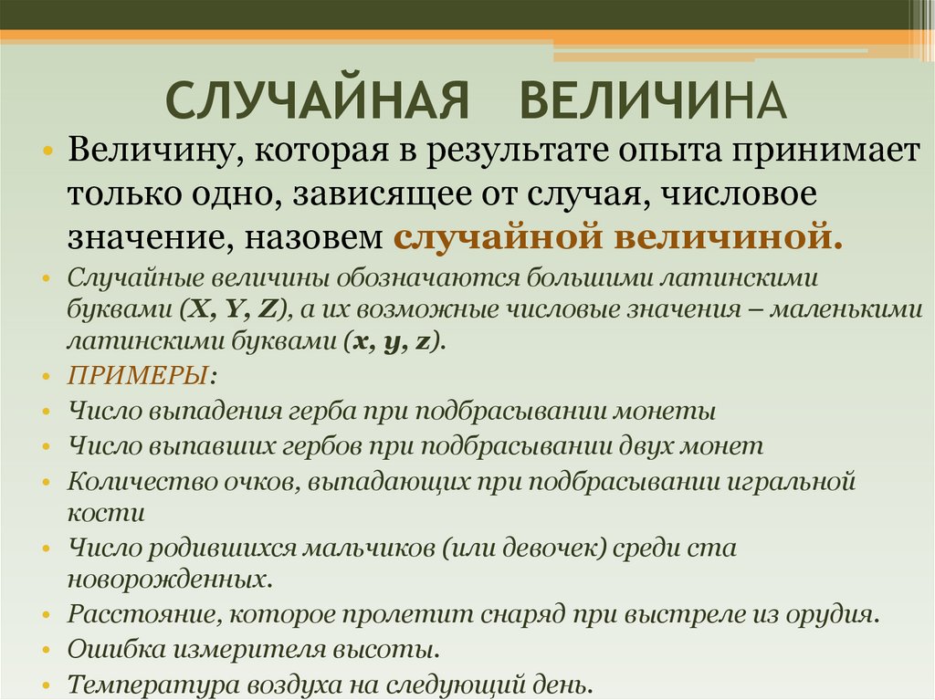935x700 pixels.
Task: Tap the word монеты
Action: pos(669,411)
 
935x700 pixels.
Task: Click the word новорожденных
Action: pos(168,579)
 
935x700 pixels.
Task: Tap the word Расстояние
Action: pos(133,614)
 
